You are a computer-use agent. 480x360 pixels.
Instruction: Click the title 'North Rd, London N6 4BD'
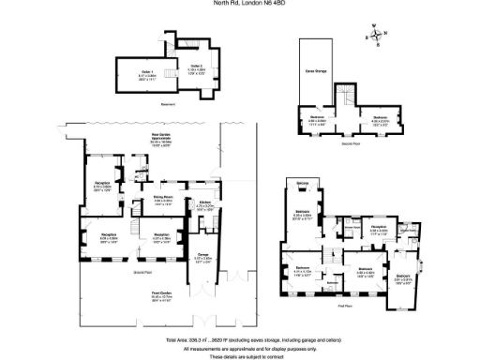pos(240,4)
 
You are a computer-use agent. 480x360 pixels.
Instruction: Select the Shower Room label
pos(352,228)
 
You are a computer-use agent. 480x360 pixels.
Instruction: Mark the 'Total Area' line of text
pos(240,338)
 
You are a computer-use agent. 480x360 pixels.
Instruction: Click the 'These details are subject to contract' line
pos(240,355)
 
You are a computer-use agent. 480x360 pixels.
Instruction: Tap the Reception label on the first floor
pos(379,228)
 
